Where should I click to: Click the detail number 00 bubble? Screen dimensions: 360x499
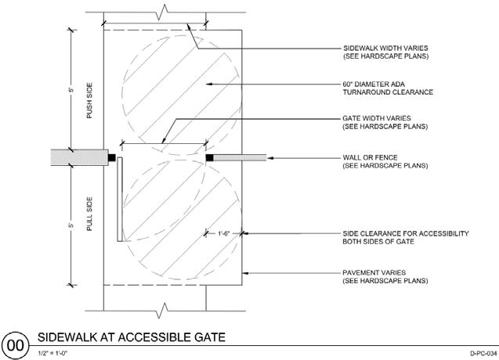(x=15, y=344)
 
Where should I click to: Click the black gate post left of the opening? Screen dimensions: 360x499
(x=112, y=158)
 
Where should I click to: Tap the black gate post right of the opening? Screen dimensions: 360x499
(x=211, y=158)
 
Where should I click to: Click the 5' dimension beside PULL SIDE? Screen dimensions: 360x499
(x=70, y=225)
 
